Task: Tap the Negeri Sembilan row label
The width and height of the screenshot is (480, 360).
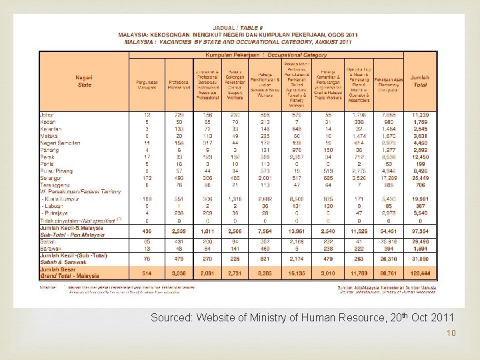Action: (x=61, y=143)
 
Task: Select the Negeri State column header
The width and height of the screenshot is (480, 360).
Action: (x=85, y=81)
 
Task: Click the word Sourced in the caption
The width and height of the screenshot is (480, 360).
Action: (x=172, y=318)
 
